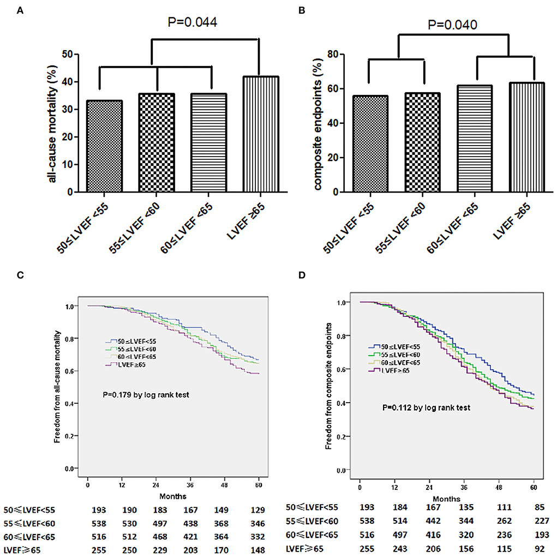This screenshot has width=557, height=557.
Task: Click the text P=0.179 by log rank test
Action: [x=151, y=394]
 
